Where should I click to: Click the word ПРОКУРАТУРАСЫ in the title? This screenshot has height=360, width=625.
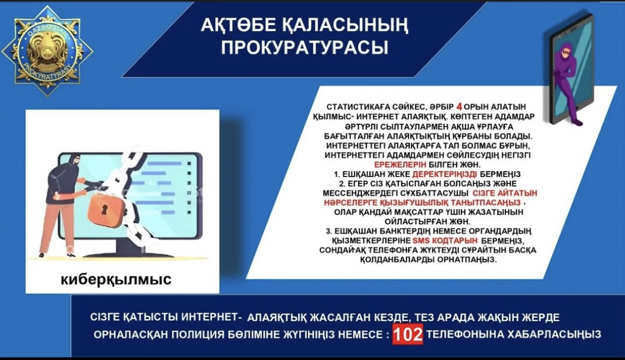tap(305, 47)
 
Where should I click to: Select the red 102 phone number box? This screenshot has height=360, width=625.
tap(408, 334)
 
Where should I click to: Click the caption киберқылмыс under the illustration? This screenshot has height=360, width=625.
tap(116, 279)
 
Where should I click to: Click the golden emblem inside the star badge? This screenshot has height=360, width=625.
tap(48, 50)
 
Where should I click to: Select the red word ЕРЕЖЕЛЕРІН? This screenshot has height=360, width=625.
tap(400, 164)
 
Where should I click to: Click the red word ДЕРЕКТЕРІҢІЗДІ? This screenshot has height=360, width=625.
tap(444, 174)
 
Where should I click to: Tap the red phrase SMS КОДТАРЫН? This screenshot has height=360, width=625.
tap(445, 240)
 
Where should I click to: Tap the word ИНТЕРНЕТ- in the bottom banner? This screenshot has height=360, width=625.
tap(212, 317)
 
